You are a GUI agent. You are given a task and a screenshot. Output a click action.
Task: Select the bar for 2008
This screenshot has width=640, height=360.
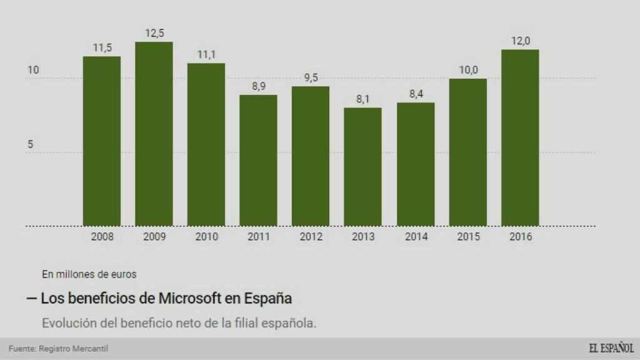(x=102, y=141)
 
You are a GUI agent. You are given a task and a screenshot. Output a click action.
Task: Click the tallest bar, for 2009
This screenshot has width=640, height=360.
(x=154, y=134)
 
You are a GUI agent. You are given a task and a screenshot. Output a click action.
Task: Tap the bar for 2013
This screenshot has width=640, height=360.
(x=362, y=166)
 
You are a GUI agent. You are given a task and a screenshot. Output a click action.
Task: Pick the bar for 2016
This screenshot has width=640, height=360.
(x=520, y=137)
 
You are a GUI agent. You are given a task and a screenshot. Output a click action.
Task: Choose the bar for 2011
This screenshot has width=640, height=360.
(x=258, y=160)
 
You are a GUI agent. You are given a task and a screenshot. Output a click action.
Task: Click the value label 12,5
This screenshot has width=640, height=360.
(x=154, y=33)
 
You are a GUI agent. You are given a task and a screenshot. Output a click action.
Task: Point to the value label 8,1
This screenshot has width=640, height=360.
(x=362, y=99)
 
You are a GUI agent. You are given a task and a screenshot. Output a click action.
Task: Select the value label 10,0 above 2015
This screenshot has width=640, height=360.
(x=468, y=69)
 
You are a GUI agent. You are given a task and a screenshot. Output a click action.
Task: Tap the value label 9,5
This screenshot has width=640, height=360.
(x=311, y=77)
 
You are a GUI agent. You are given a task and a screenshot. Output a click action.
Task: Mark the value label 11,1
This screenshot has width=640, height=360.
(x=206, y=54)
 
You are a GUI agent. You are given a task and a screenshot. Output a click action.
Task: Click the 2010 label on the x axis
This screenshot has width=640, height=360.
(x=206, y=237)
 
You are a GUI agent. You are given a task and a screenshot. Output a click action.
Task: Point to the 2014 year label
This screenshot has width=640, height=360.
(x=416, y=237)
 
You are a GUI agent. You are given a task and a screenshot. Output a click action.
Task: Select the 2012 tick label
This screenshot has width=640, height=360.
(x=311, y=237)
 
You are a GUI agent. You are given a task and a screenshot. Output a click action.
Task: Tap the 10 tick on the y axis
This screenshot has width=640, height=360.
(x=33, y=70)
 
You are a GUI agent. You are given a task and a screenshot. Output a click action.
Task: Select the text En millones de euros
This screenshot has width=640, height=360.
(x=89, y=274)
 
